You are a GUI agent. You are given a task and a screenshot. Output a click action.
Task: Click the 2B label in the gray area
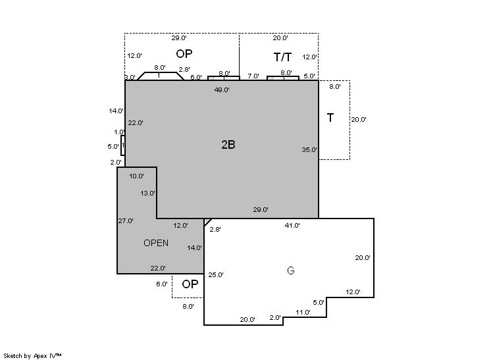point(228,145)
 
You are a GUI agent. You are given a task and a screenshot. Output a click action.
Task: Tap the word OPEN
point(156,243)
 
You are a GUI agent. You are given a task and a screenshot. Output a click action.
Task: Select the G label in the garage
point(290,270)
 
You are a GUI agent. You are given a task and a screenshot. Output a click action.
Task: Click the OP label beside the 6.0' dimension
point(190,284)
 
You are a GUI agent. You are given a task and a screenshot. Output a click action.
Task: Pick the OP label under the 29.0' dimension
point(184,53)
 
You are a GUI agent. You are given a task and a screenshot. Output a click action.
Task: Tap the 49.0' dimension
point(222,90)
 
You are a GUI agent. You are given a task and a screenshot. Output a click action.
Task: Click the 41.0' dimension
point(292,225)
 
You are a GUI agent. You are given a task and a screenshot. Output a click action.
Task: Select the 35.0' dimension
point(309,149)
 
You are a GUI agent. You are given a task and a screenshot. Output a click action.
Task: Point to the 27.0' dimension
point(126,220)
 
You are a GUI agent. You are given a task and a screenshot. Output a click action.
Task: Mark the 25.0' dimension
point(215,274)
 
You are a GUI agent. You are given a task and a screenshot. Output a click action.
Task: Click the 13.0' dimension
point(148,193)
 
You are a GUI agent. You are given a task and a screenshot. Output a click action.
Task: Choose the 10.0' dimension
point(137,176)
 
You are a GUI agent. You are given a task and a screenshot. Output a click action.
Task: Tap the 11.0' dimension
point(303,312)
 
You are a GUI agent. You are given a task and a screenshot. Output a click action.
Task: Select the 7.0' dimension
point(253,76)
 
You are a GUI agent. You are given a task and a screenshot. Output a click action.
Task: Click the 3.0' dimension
point(130,77)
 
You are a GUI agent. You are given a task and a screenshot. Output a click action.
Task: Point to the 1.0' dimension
point(119,132)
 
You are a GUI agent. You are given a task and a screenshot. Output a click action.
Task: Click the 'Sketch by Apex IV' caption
point(32,355)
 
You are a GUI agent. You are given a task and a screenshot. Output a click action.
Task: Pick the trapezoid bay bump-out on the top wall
point(159,76)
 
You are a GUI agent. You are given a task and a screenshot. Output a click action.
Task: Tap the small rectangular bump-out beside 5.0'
point(123,145)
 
